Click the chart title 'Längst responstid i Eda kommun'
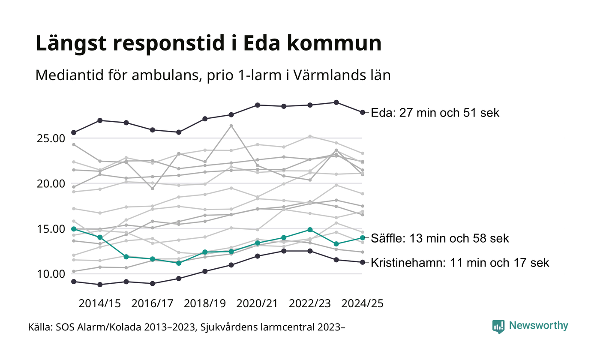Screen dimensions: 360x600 click(208, 44)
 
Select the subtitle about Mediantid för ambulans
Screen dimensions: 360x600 click(213, 76)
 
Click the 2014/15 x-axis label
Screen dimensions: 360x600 click(99, 303)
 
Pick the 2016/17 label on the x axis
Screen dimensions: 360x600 click(152, 303)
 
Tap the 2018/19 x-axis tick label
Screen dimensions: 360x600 click(204, 303)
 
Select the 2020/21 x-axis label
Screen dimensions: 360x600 click(257, 303)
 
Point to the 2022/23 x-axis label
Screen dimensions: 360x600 click(310, 303)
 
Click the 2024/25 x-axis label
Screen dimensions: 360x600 click(362, 303)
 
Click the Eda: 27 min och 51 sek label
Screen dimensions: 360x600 click(435, 113)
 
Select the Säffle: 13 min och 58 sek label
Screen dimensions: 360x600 click(440, 238)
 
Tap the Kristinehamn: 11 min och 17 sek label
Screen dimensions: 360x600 click(460, 262)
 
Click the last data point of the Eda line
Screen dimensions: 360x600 click(363, 112)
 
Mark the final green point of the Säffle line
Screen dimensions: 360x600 click(363, 237)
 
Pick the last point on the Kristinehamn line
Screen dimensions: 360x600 click(363, 262)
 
